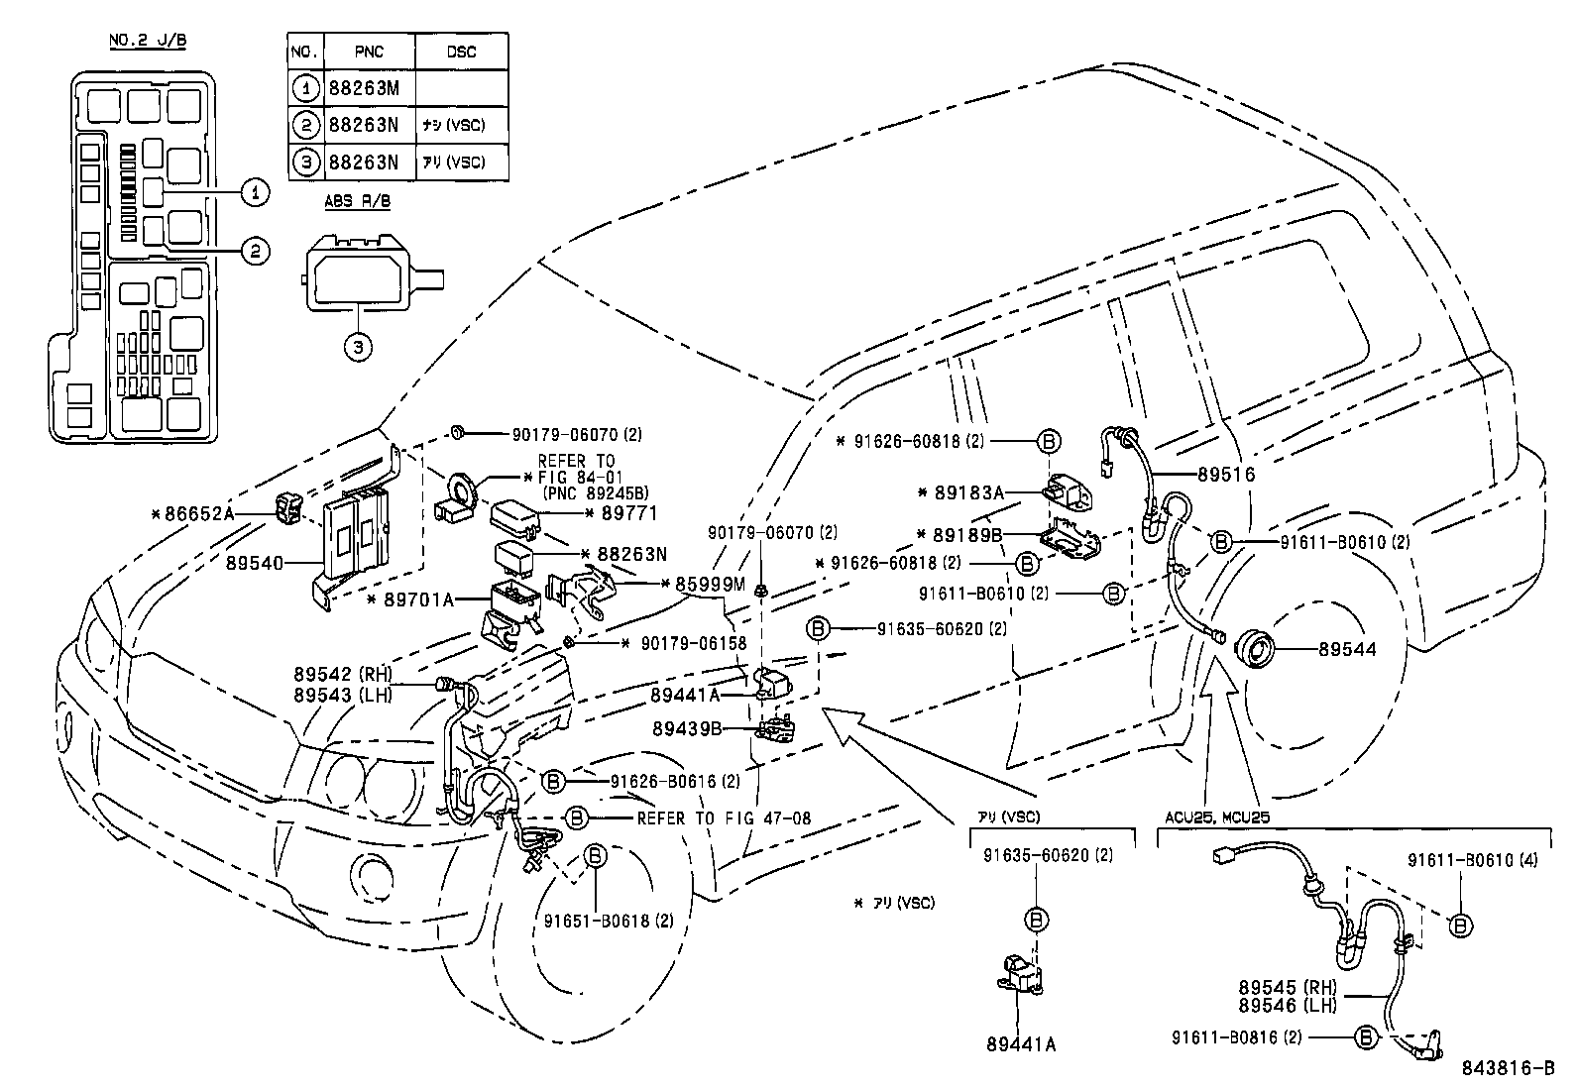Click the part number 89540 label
click(255, 564)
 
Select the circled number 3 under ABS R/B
click(359, 347)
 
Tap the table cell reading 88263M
click(363, 88)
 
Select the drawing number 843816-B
click(1508, 1068)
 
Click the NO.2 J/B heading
click(147, 42)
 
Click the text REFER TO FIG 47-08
click(724, 818)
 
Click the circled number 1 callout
click(255, 191)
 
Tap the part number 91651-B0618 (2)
click(608, 921)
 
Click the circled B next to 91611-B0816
click(1365, 1037)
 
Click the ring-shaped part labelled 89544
click(1260, 651)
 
